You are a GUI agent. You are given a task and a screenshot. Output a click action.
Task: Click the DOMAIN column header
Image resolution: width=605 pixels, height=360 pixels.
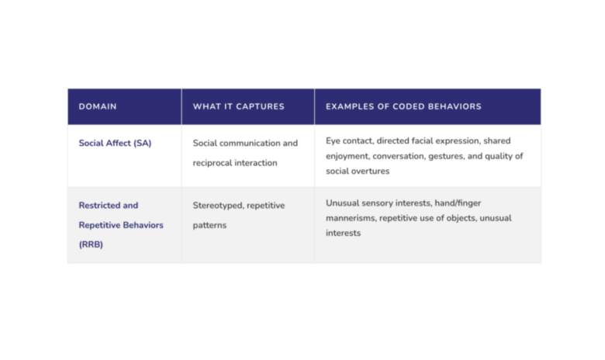pos(98,107)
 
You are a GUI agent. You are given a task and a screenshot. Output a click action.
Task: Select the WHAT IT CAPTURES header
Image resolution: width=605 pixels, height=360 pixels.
pos(238,107)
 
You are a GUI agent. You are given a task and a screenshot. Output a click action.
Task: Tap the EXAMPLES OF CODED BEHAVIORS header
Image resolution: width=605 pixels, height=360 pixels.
pos(403,107)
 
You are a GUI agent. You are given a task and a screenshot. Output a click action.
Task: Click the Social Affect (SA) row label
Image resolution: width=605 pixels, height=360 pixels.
pos(115,144)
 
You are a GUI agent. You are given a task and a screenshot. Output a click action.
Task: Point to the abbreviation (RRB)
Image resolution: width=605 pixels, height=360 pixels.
pos(91,244)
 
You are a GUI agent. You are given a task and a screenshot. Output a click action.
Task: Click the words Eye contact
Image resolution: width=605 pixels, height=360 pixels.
pos(350,141)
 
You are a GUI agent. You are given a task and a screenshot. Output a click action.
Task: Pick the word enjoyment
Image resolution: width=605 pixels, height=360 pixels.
pos(347,156)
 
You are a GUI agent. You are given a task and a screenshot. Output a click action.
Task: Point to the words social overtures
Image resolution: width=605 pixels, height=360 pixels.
pos(358,171)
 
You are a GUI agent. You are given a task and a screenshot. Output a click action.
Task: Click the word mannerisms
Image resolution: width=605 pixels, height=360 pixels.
pos(351,218)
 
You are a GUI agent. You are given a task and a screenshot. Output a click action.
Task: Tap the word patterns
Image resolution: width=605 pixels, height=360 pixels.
pos(209,225)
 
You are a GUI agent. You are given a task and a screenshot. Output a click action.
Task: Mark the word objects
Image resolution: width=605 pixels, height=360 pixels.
pos(462,218)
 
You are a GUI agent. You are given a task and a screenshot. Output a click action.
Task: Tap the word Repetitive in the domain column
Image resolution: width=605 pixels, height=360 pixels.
pos(100,225)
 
